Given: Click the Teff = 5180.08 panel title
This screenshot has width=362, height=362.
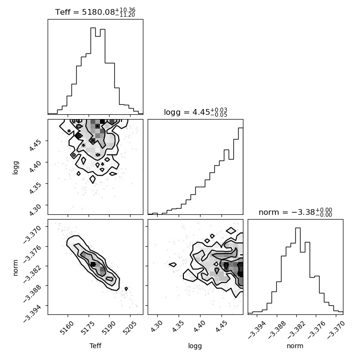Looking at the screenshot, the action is point(95,12).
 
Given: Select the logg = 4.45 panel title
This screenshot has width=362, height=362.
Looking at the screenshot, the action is point(196,112).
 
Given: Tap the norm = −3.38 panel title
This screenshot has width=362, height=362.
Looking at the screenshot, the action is point(295,212).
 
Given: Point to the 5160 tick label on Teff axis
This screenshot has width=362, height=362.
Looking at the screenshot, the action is point(67,328).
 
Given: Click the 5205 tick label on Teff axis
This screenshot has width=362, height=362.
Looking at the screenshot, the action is point(130,328).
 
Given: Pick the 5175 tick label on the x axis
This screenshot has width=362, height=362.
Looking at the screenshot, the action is point(88,328).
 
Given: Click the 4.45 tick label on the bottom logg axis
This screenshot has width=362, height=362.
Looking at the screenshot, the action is point(221,326).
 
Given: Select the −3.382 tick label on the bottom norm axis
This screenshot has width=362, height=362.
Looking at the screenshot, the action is point(297,330).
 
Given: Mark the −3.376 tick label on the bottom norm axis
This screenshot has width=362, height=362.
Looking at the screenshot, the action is point(316,330).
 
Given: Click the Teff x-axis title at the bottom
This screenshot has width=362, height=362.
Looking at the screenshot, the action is point(95,346).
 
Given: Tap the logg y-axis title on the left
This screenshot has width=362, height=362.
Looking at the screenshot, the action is point(15,168).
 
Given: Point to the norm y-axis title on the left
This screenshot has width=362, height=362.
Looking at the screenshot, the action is point(15,268).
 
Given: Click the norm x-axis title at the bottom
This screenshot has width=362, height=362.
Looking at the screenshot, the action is point(295,346).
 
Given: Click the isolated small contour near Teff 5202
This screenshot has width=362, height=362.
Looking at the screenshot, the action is point(126,289).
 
